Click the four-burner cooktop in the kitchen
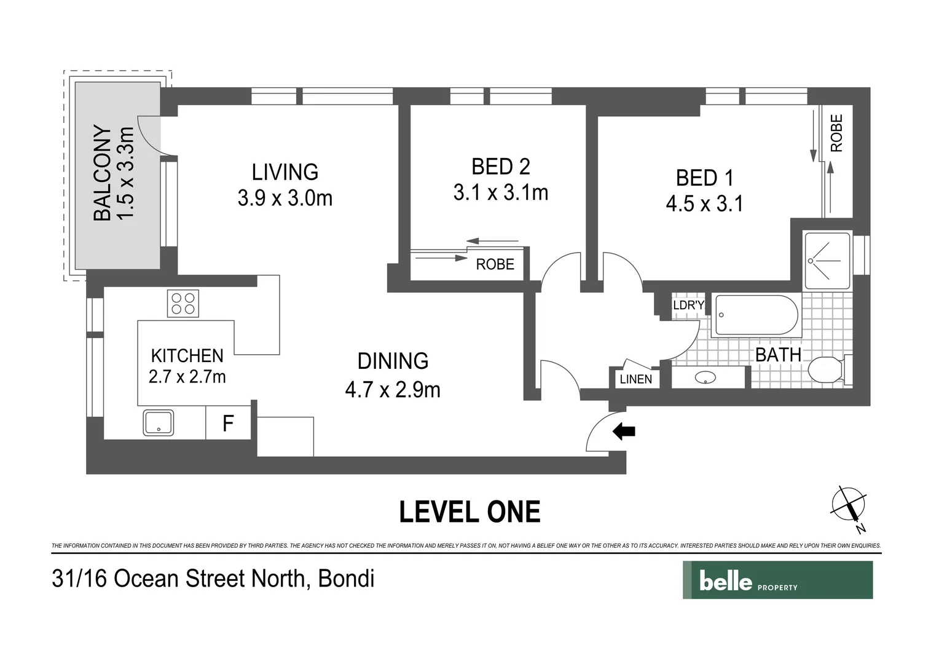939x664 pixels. [x=183, y=303]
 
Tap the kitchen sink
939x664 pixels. [x=159, y=422]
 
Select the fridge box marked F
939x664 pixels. [x=228, y=423]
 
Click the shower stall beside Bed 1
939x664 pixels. [x=828, y=261]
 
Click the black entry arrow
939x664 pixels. [x=624, y=432]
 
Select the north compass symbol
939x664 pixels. [x=849, y=506]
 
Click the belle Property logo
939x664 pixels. [x=777, y=580]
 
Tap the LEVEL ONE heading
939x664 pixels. [x=469, y=512]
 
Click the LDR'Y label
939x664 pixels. [x=688, y=305]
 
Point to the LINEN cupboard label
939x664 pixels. [x=635, y=379]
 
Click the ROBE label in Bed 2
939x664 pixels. [x=495, y=264]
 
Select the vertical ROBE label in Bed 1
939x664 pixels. [x=836, y=133]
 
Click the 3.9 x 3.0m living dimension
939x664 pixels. [x=285, y=198]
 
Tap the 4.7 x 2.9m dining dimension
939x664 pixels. [x=393, y=390]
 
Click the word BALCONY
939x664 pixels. [x=103, y=173]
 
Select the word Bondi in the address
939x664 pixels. [x=346, y=579]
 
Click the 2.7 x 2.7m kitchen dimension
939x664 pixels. [x=187, y=376]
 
